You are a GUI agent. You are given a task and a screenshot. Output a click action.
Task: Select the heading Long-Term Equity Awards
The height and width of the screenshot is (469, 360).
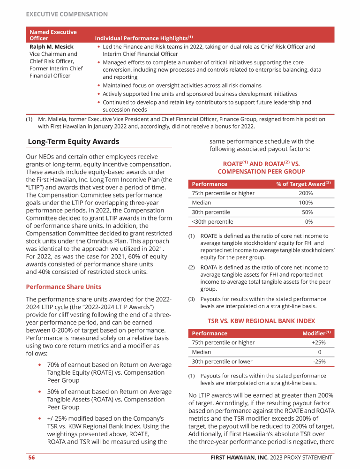74,142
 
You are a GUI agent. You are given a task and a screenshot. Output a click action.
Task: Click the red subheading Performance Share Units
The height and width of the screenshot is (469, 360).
63,286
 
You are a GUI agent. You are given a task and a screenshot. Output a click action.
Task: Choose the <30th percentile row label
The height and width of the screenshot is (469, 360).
212,222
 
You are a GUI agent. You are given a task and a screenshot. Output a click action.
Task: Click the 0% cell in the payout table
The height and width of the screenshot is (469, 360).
308,222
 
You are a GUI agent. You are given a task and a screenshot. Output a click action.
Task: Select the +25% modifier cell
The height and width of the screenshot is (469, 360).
318,342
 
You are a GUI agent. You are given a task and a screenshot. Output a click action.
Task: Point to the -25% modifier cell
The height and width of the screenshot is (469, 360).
319,362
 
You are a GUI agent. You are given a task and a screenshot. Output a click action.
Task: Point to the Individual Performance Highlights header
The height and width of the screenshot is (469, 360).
143,37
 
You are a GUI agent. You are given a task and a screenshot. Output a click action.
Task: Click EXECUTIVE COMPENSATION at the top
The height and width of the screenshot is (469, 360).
67,14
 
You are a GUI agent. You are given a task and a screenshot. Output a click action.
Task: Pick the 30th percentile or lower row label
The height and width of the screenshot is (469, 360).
222,362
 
